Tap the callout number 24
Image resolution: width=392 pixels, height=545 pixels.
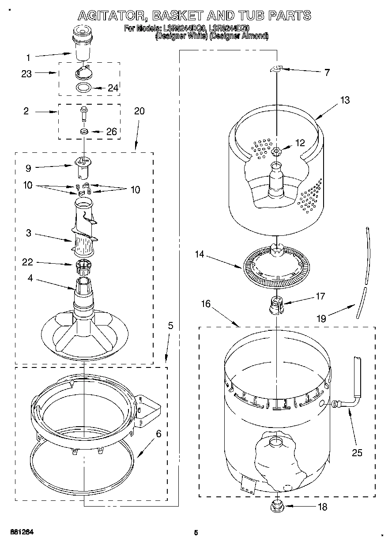click(x=113, y=88)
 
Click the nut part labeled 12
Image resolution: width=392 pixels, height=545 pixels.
click(x=277, y=152)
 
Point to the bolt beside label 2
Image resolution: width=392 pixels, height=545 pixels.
click(x=84, y=114)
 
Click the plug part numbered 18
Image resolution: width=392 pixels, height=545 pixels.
click(x=276, y=504)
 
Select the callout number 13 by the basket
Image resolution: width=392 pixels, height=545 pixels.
click(x=344, y=100)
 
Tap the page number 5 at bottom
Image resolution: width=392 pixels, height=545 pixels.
click(x=196, y=533)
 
